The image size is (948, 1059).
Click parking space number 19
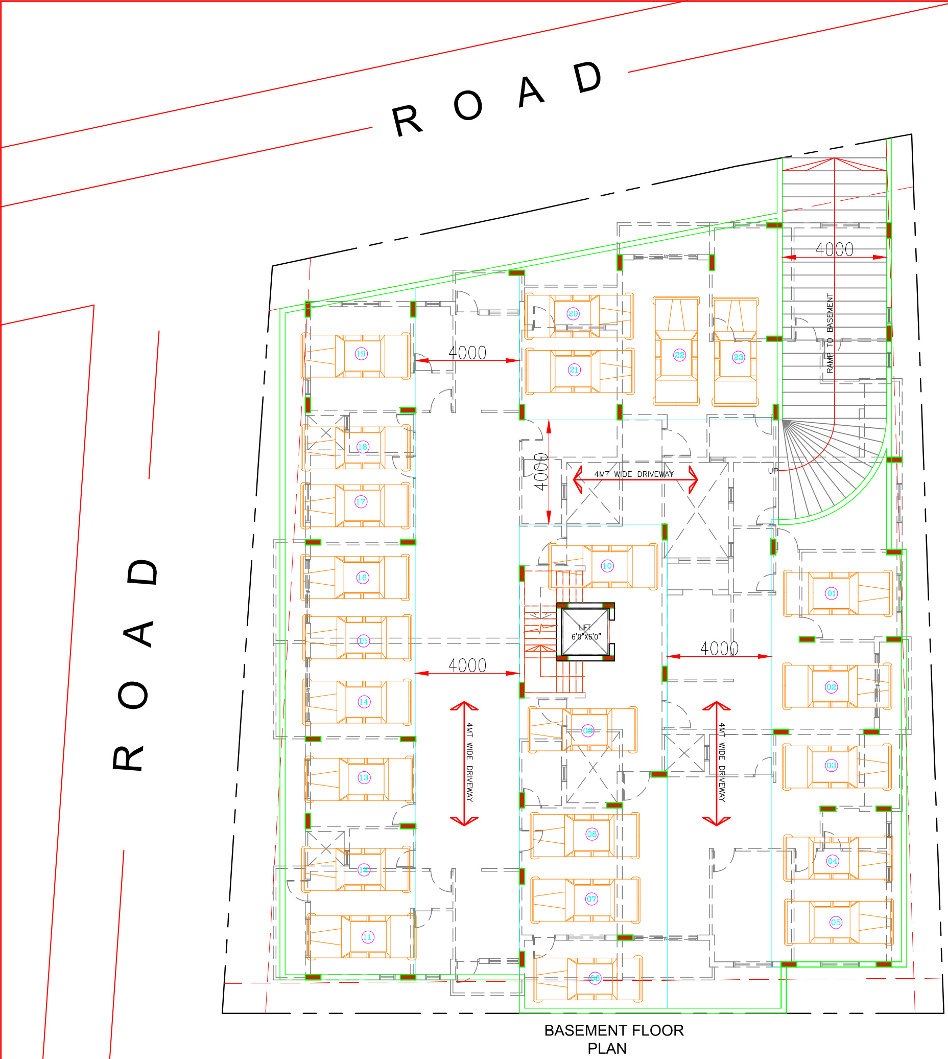coord(361,354)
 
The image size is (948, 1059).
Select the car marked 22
coord(680,355)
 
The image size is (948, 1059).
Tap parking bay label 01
coord(832,593)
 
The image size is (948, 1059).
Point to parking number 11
coord(367,937)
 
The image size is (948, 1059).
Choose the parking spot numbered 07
coord(591,899)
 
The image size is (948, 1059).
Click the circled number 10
coord(607,566)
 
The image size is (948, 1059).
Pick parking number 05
coord(836,923)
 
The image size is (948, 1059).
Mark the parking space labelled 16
coord(362,578)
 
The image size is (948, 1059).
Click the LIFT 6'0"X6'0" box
coord(585,632)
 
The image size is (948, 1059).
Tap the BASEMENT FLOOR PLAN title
coord(613,1039)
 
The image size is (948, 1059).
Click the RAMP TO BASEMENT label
coord(830,333)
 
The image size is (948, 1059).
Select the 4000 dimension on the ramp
coord(835,249)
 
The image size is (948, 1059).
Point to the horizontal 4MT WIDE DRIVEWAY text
coord(634,474)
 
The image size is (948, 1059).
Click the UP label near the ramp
coord(773,471)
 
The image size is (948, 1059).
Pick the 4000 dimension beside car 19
coord(467,353)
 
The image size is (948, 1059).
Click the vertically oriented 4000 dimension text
coord(541,472)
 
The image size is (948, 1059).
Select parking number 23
coord(739,357)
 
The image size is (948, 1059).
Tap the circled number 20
coord(573,314)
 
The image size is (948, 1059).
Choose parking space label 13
coord(364,777)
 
